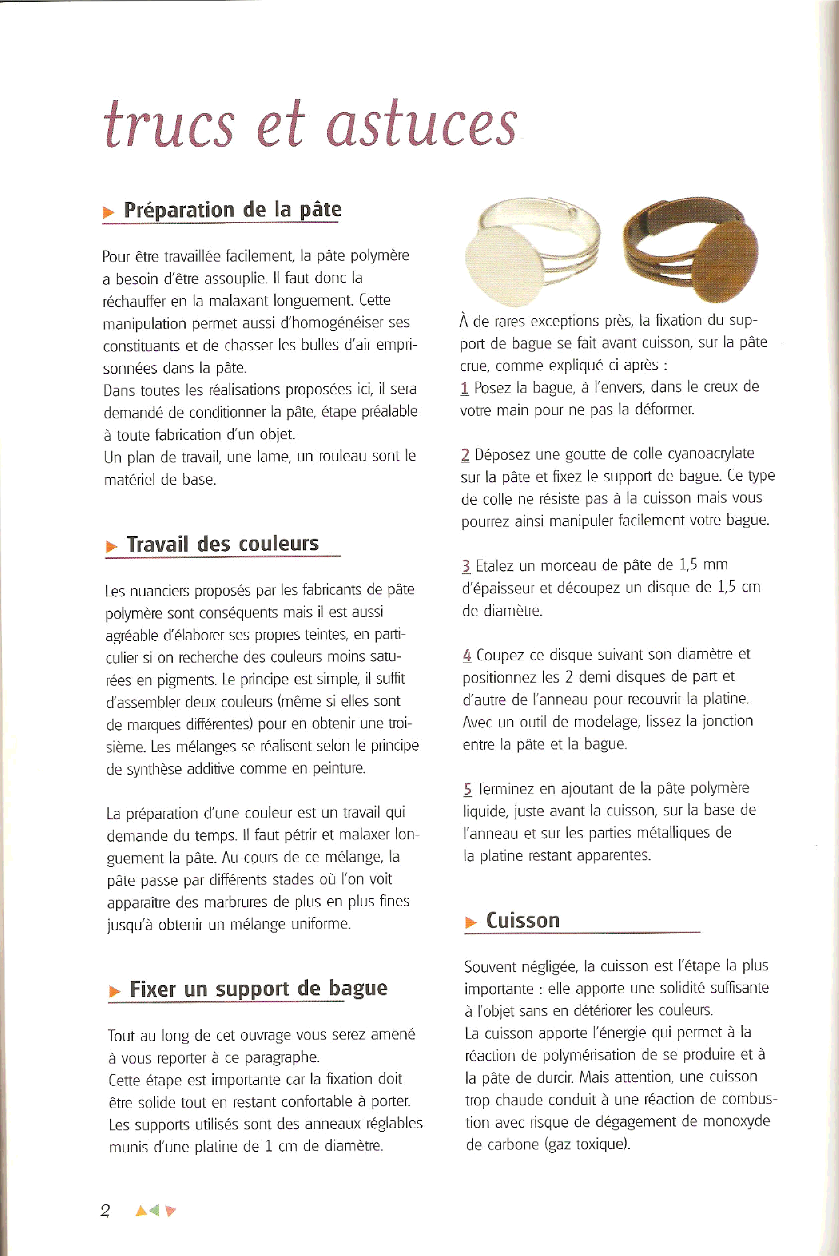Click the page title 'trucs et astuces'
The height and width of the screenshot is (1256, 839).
coord(310,124)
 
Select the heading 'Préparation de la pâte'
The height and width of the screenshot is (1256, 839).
coord(232,209)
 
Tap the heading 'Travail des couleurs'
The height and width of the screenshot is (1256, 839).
coord(223,544)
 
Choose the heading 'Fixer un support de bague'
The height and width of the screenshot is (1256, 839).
coord(258,989)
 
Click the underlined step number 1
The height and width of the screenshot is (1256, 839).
coord(464,388)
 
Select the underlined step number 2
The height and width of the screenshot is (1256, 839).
coord(465,455)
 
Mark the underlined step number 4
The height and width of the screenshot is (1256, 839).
coord(467,655)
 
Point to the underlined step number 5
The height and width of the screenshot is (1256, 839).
coord(468,789)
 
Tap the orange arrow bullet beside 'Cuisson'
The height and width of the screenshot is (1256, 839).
coord(471,922)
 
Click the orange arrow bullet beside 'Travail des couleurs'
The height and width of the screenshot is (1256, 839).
coord(111,547)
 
